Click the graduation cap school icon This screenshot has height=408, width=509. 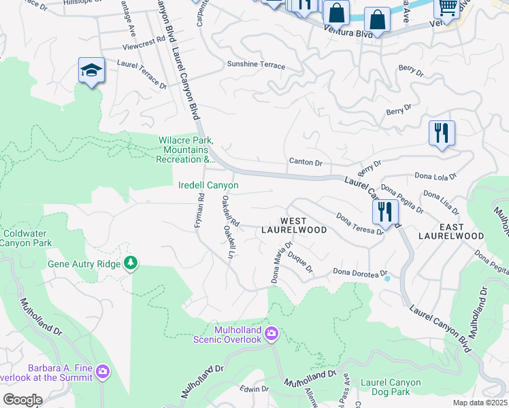point(91,71)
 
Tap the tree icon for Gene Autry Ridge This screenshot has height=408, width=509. point(130,263)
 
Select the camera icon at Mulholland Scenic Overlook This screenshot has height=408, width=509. point(271,333)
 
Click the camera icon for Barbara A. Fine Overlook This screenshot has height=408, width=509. point(102,371)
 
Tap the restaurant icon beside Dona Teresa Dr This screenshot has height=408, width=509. point(385,212)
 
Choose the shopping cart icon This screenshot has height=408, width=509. point(446,7)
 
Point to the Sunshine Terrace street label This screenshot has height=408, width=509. point(256,65)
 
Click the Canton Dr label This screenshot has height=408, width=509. point(306,163)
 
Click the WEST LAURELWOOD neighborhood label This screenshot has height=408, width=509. point(294,226)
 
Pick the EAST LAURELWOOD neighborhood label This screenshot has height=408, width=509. point(451,231)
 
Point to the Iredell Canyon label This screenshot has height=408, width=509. point(208,185)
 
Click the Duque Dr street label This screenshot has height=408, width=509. point(299,262)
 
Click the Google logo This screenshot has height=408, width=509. point(22,400)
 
